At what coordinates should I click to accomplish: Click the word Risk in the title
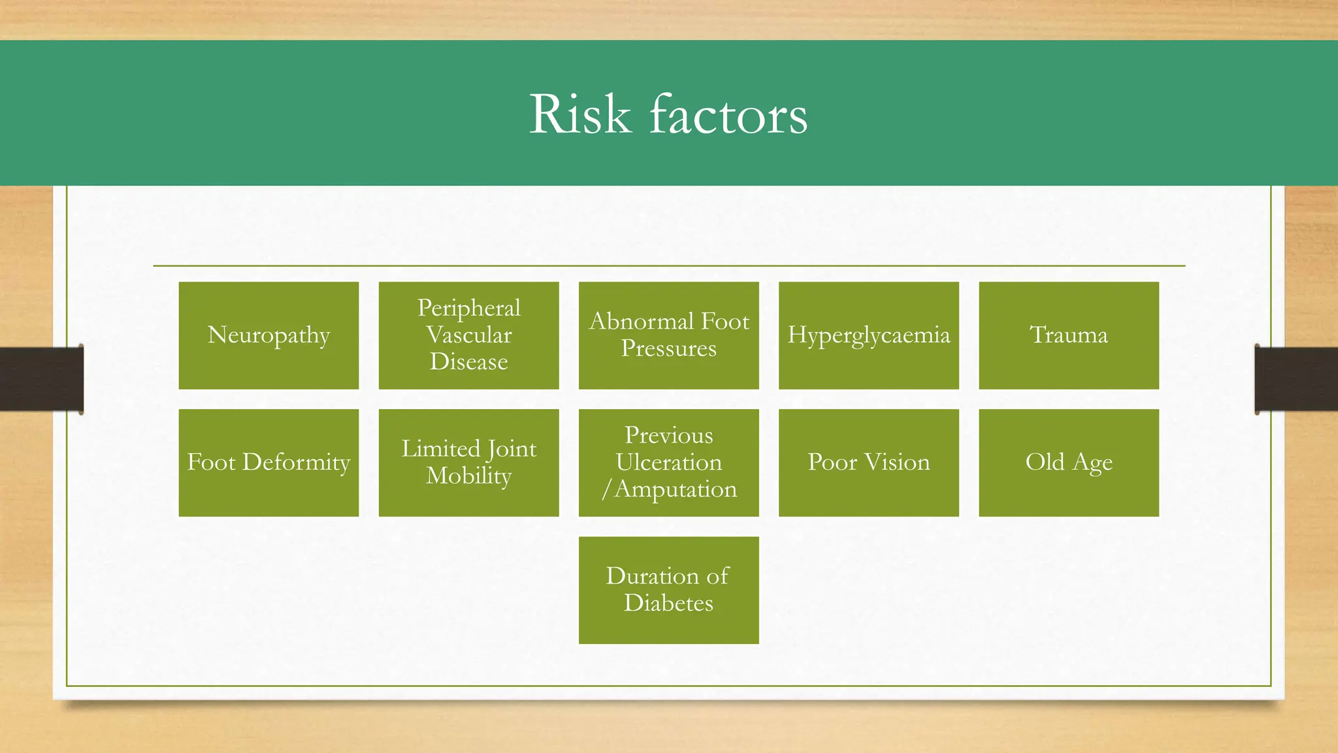pyautogui.click(x=580, y=114)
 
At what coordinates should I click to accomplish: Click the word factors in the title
pyautogui.click(x=728, y=114)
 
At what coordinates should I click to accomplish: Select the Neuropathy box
pyautogui.click(x=269, y=335)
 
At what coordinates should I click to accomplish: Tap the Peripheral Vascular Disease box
pyautogui.click(x=468, y=335)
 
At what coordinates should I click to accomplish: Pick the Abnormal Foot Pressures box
pyautogui.click(x=668, y=335)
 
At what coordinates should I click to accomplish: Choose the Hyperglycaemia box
pyautogui.click(x=868, y=335)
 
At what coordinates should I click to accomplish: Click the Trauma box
pyautogui.click(x=1068, y=335)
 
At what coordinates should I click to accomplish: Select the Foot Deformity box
pyautogui.click(x=269, y=463)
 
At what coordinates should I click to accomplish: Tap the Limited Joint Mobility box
pyautogui.click(x=468, y=463)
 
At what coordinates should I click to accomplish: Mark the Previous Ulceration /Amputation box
pyautogui.click(x=668, y=463)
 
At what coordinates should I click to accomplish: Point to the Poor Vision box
pyautogui.click(x=868, y=463)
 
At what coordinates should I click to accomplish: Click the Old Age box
pyautogui.click(x=1068, y=463)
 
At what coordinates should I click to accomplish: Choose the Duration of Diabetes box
pyautogui.click(x=668, y=590)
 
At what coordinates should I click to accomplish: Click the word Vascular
pyautogui.click(x=468, y=335)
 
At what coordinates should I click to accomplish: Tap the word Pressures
pyautogui.click(x=668, y=348)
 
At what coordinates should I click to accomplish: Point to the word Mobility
pyautogui.click(x=468, y=476)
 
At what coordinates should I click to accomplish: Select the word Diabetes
pyautogui.click(x=668, y=603)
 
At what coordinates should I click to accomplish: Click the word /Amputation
pyautogui.click(x=670, y=489)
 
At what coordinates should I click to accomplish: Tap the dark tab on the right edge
pyautogui.click(x=1296, y=379)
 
